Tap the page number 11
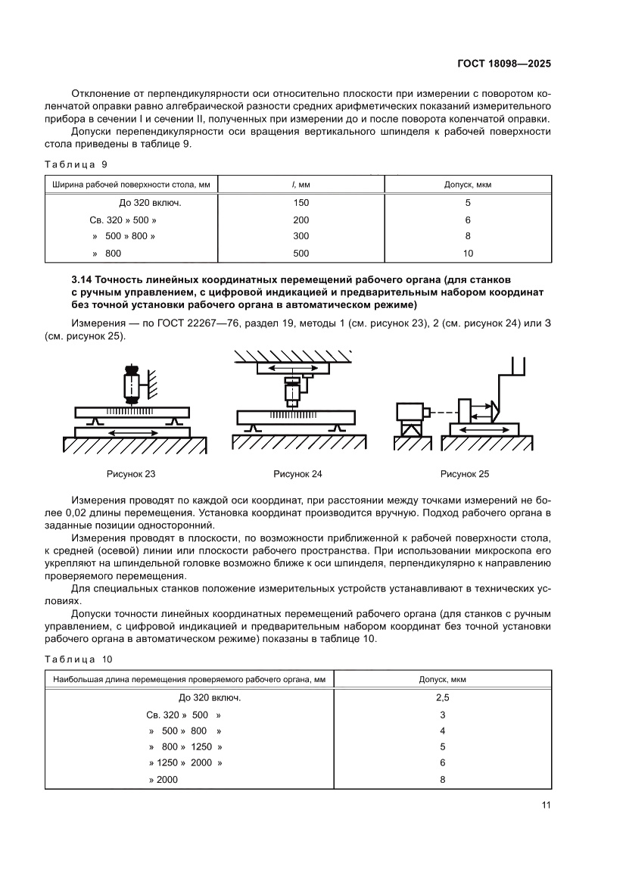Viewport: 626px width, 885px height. click(545, 805)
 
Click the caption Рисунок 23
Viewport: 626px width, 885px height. click(131, 474)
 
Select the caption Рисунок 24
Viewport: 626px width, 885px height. click(297, 474)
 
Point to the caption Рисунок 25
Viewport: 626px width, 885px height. click(465, 474)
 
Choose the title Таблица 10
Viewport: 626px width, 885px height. click(79, 659)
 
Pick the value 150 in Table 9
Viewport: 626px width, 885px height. click(301, 203)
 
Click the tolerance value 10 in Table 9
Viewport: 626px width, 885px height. click(468, 254)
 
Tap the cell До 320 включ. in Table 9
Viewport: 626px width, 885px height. click(150, 203)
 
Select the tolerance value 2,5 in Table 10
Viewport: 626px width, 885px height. click(442, 698)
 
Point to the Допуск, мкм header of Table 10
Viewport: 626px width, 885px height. click(442, 680)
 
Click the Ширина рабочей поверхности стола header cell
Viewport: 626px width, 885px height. click(132, 185)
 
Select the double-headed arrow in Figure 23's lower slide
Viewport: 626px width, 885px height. click(132, 432)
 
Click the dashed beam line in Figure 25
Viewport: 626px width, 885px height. click(445, 412)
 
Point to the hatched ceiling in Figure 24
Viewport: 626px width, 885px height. click(297, 355)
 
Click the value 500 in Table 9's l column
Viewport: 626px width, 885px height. click(301, 254)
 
